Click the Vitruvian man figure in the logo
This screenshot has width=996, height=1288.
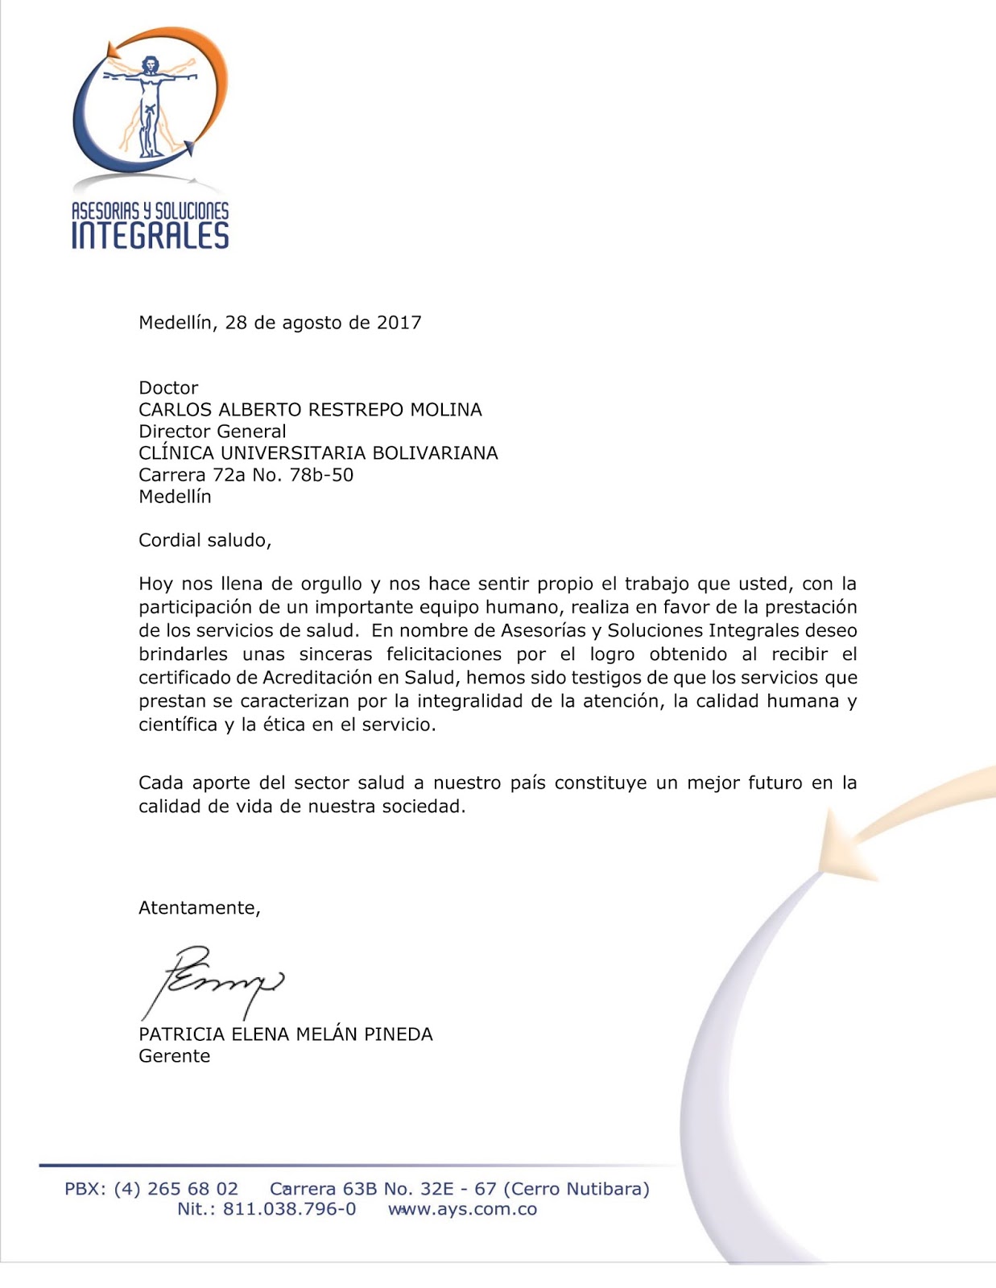pos(149,105)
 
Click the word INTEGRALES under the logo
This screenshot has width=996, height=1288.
pos(151,236)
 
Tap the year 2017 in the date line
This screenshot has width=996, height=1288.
pos(399,323)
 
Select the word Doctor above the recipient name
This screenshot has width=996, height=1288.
pos(168,388)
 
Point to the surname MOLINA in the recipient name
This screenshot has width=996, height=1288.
pos(446,410)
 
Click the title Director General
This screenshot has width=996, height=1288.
pos(213,431)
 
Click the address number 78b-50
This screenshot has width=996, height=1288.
pos(321,475)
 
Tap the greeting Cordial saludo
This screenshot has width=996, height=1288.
pos(205,540)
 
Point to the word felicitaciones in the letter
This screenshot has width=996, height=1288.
pos(444,654)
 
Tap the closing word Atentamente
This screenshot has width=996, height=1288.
pos(199,908)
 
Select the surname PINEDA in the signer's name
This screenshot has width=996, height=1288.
pos(399,1034)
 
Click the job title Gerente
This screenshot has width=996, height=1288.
pos(175,1056)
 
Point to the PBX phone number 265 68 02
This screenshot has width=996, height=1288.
pos(193,1189)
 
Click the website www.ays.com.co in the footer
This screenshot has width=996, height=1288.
pos(463,1209)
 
